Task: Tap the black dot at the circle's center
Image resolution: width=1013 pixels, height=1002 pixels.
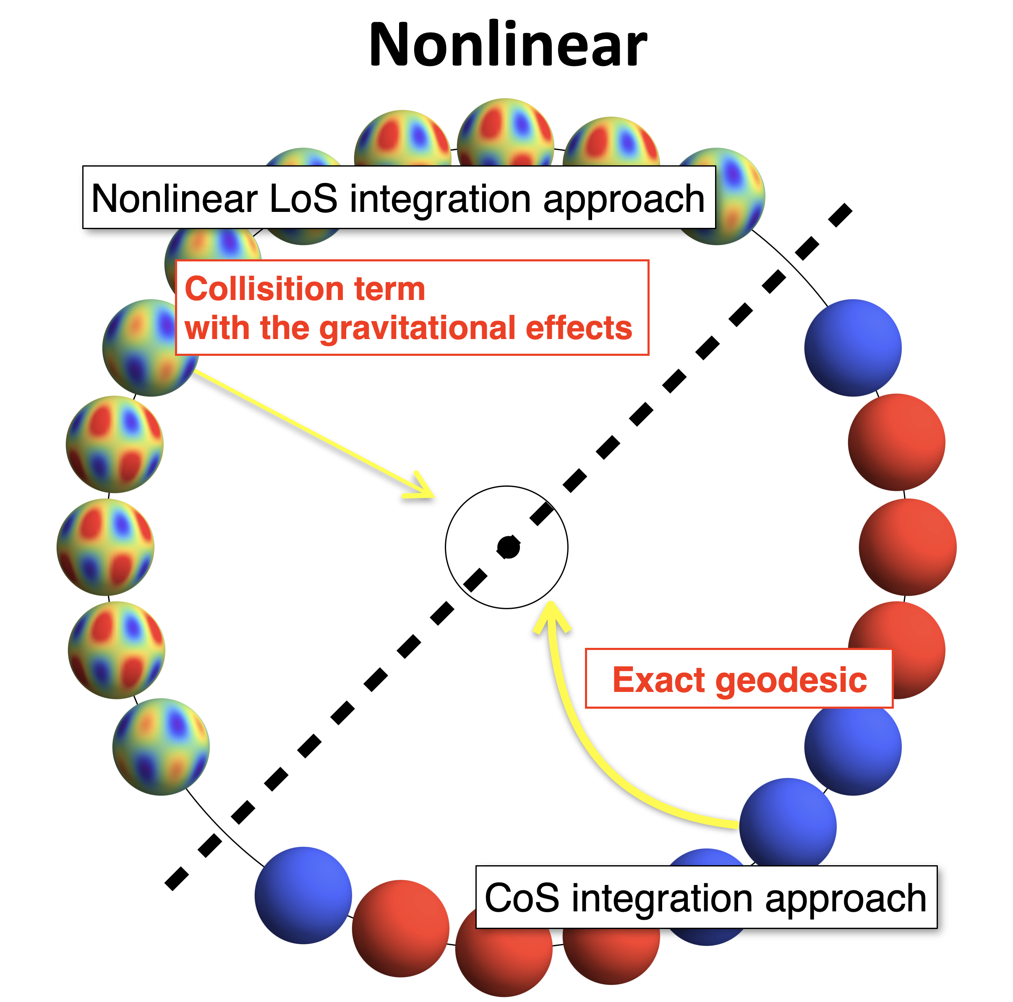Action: coord(508,548)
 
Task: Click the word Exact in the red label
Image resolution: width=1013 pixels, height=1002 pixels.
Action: coord(658,680)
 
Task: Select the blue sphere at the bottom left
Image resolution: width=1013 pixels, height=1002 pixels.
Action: coord(303,895)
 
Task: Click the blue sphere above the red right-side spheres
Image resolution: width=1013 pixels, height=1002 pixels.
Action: coord(853,347)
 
